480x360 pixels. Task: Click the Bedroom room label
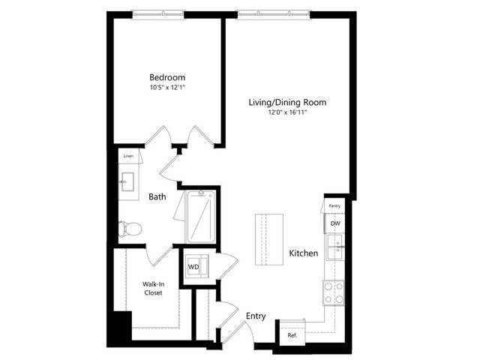[166, 78]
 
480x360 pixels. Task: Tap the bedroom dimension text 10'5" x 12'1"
[166, 88]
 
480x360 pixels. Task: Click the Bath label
[157, 197]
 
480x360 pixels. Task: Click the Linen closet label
[127, 156]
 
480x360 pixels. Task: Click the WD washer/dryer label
[193, 266]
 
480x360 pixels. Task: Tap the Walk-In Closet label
[153, 288]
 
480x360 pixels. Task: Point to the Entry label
[256, 316]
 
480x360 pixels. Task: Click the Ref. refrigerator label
[292, 335]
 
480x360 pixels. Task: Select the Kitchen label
[304, 253]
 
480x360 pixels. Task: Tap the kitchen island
[269, 238]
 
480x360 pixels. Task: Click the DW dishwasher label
[335, 223]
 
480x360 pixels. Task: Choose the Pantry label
[335, 205]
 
